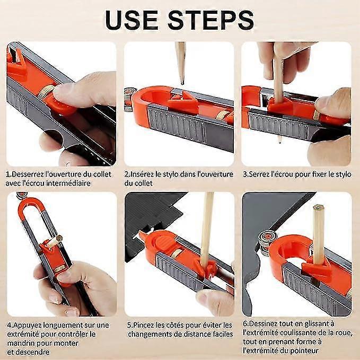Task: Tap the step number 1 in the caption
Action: tap(8, 173)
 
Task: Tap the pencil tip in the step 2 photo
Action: tap(181, 79)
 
